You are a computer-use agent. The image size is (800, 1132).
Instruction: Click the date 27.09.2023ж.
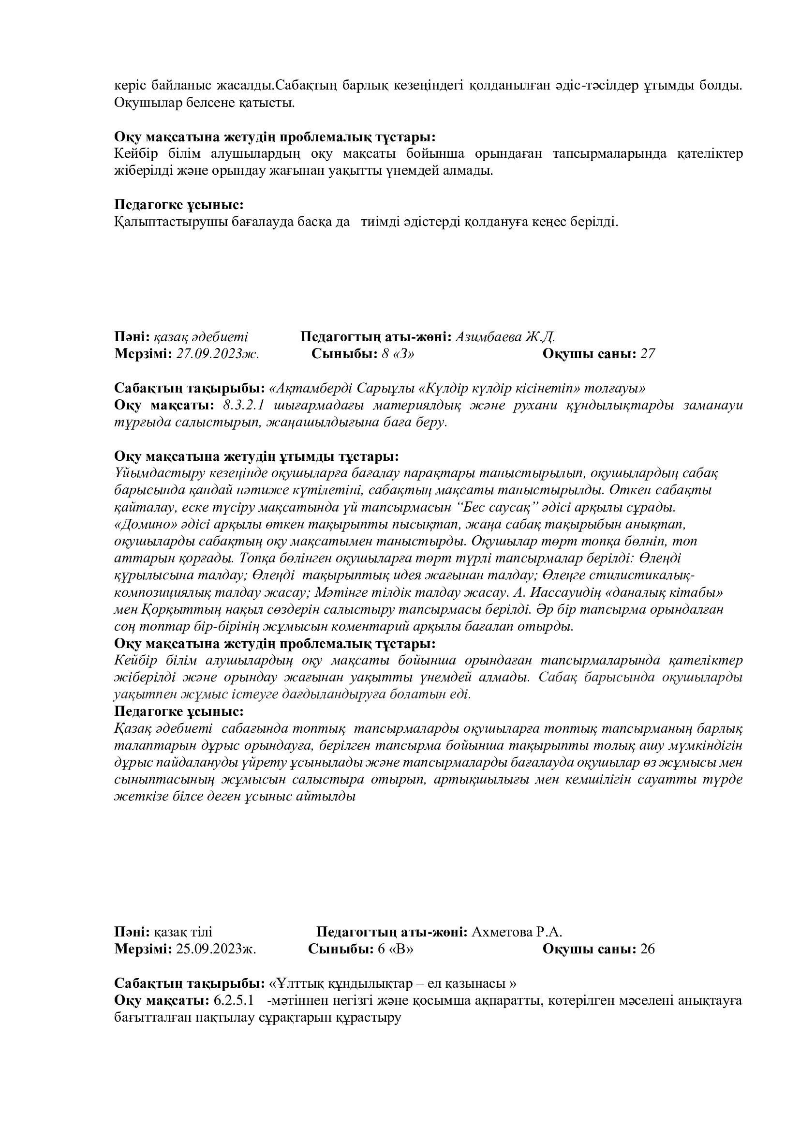coord(217,354)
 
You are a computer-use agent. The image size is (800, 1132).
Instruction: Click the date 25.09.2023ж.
coord(216,949)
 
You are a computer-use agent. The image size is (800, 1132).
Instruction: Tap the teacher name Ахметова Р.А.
coord(517,932)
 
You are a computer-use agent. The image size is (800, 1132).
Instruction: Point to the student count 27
coord(647,354)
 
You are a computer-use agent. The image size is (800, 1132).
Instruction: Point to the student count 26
coord(647,949)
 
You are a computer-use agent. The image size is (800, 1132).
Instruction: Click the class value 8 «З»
coord(398,354)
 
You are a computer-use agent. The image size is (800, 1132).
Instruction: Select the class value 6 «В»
coord(396,949)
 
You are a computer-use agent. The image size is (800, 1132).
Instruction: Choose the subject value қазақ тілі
coord(183,932)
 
